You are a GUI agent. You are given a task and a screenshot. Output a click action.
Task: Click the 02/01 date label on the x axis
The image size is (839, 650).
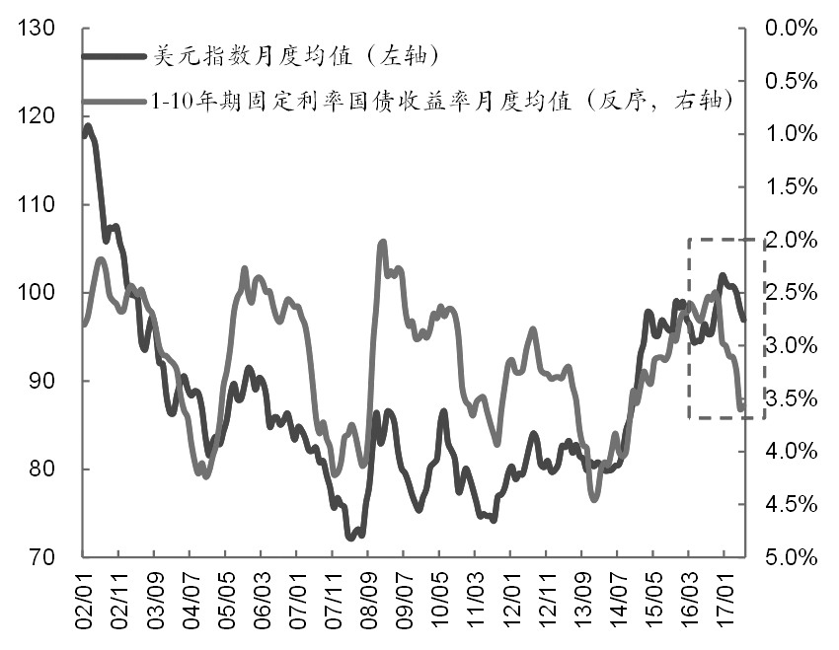(x=84, y=602)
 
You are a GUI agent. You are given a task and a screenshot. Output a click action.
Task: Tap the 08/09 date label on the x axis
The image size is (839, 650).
(x=368, y=602)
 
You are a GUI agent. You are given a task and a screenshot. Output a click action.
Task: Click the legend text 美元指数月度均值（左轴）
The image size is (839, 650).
(x=296, y=55)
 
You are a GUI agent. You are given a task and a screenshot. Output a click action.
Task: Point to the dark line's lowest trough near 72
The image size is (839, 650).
(x=350, y=538)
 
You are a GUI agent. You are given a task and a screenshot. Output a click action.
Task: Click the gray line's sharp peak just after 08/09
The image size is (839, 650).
(x=383, y=243)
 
